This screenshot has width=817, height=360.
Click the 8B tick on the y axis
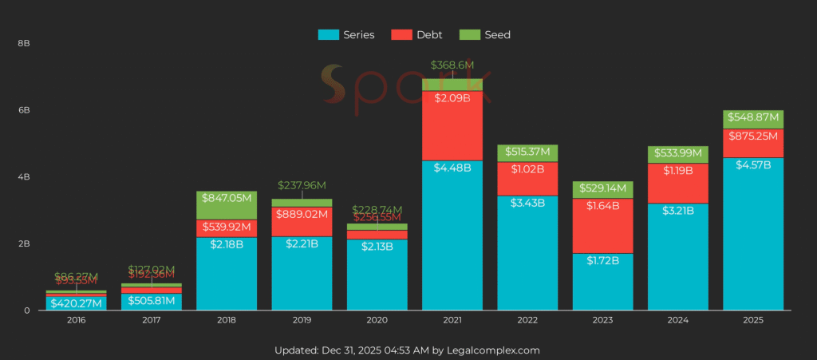(x=23, y=42)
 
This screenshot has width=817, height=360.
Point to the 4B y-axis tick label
(x=23, y=176)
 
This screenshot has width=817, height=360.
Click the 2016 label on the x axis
(x=76, y=320)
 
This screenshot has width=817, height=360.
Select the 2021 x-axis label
(x=452, y=320)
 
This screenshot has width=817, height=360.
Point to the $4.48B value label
(x=452, y=168)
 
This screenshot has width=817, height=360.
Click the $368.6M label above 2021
(x=452, y=65)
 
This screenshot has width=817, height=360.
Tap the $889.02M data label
(x=302, y=214)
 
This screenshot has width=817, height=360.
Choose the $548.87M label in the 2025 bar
(x=753, y=117)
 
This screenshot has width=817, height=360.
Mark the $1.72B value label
(x=602, y=261)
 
